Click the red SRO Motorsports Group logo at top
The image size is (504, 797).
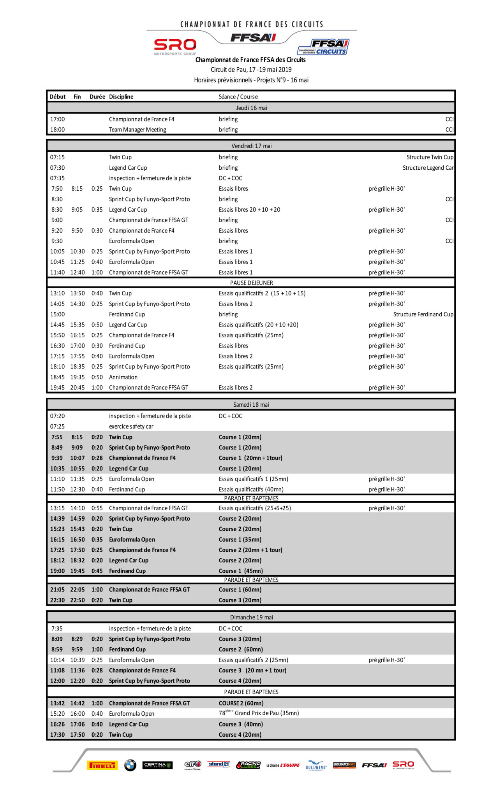click(175, 47)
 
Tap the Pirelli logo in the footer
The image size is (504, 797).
click(102, 765)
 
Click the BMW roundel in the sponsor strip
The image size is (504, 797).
click(130, 765)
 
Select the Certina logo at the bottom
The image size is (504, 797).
click(157, 765)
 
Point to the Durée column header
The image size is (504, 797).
click(97, 97)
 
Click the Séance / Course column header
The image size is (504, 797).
click(238, 97)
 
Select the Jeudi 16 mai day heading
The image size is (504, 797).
click(251, 108)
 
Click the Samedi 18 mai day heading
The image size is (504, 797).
click(251, 404)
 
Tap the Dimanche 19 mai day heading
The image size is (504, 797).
click(251, 617)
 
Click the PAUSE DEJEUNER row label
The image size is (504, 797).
click(251, 283)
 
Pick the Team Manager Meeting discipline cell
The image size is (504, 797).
click(137, 130)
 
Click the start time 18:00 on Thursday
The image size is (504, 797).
click(57, 130)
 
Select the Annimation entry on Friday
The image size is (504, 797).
click(123, 377)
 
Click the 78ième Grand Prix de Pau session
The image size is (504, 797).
click(259, 713)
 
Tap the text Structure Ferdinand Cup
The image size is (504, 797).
click(423, 314)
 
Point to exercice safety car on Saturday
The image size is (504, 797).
click(131, 426)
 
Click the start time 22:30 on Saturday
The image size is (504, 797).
click(57, 600)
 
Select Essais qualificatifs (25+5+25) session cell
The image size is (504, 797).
click(255, 508)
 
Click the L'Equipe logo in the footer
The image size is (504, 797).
click(283, 765)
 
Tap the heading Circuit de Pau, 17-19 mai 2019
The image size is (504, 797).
click(251, 70)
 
